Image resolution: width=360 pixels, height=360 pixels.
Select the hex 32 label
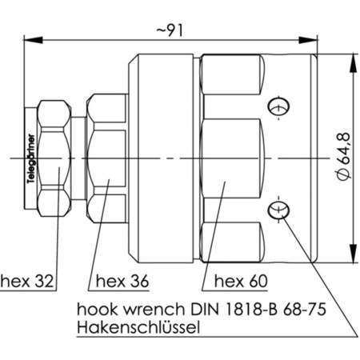click(x=27, y=280)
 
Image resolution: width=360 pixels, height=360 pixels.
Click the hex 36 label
click(x=122, y=280)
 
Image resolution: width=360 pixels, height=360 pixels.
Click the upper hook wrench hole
click(x=278, y=105)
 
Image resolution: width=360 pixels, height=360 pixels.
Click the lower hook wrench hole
click(x=278, y=210)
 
